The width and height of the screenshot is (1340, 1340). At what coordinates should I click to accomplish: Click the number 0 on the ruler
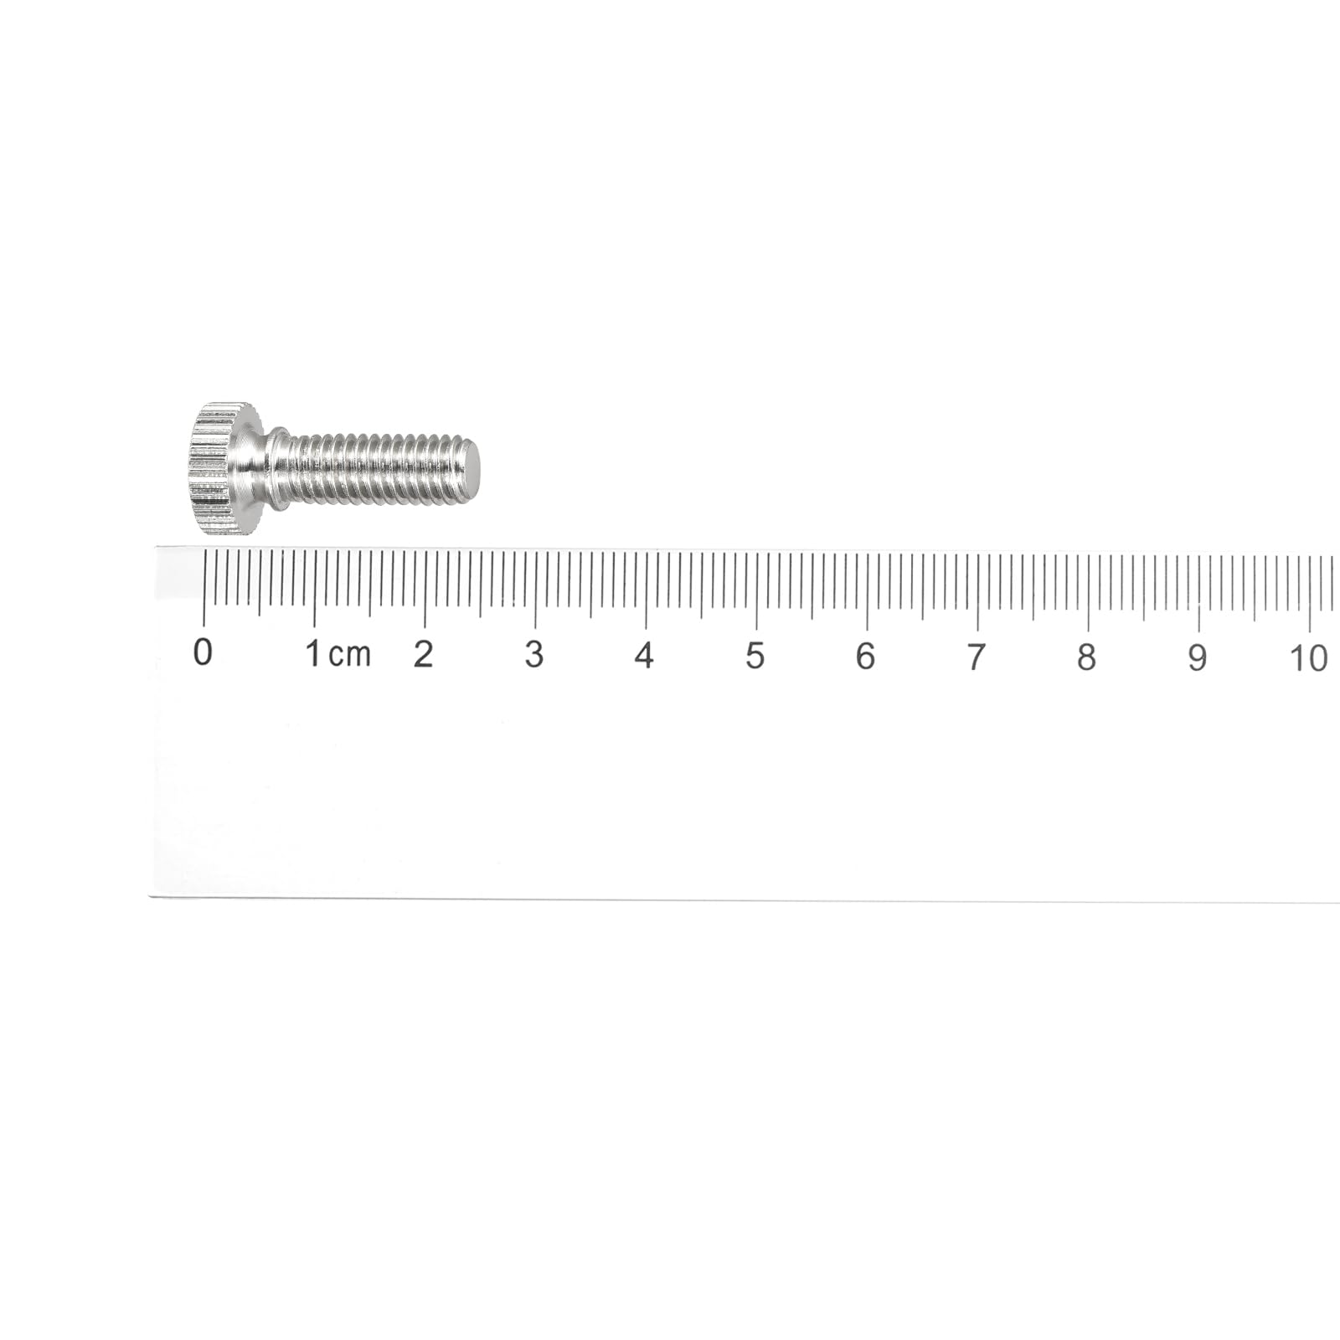203,652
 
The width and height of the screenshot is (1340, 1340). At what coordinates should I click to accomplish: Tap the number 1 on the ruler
313,653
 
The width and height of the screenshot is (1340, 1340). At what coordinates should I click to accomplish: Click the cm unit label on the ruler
349,656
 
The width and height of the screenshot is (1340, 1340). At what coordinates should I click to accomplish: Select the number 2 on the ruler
424,654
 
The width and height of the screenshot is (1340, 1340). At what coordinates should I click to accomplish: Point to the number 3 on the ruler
534,655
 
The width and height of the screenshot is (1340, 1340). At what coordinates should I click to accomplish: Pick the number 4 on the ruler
644,656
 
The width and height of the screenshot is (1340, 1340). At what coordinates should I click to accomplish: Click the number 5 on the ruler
755,657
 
